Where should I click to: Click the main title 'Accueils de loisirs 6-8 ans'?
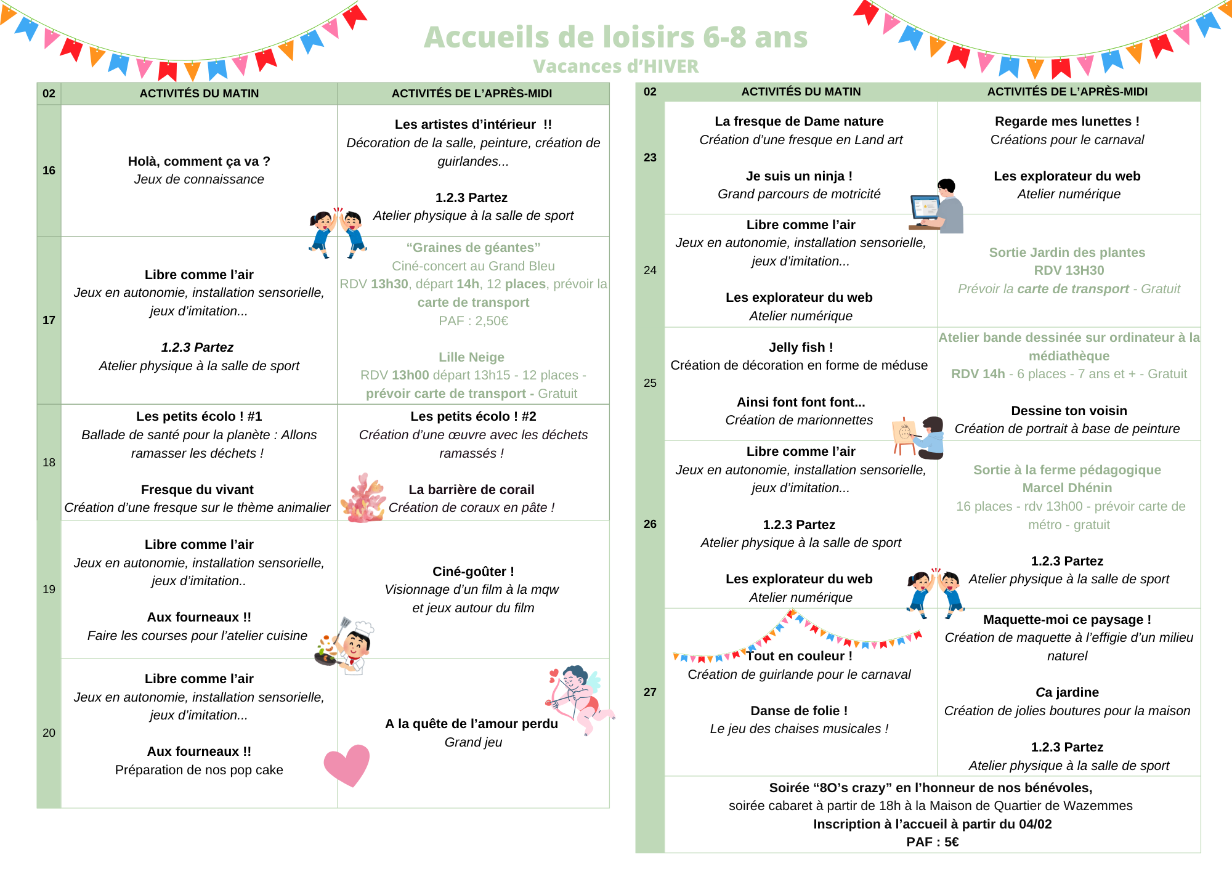(x=615, y=37)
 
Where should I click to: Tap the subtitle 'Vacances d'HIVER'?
(x=615, y=67)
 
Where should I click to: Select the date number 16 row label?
(x=49, y=171)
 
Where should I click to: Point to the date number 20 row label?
(x=49, y=733)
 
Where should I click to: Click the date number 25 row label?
(x=650, y=383)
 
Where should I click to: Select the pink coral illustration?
(x=363, y=498)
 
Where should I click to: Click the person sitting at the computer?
(x=938, y=206)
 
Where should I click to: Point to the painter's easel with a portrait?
(x=904, y=435)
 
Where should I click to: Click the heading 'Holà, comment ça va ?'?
(x=199, y=161)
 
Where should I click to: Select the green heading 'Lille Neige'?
(x=471, y=357)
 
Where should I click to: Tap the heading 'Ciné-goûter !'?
(x=473, y=572)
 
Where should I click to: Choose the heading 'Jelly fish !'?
(x=800, y=347)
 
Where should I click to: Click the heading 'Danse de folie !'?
(x=799, y=711)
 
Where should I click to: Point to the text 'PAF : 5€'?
(x=932, y=842)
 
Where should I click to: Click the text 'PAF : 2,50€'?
(x=473, y=321)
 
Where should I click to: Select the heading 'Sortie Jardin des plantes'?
(x=1067, y=253)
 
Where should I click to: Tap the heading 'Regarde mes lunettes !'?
(x=1067, y=121)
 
